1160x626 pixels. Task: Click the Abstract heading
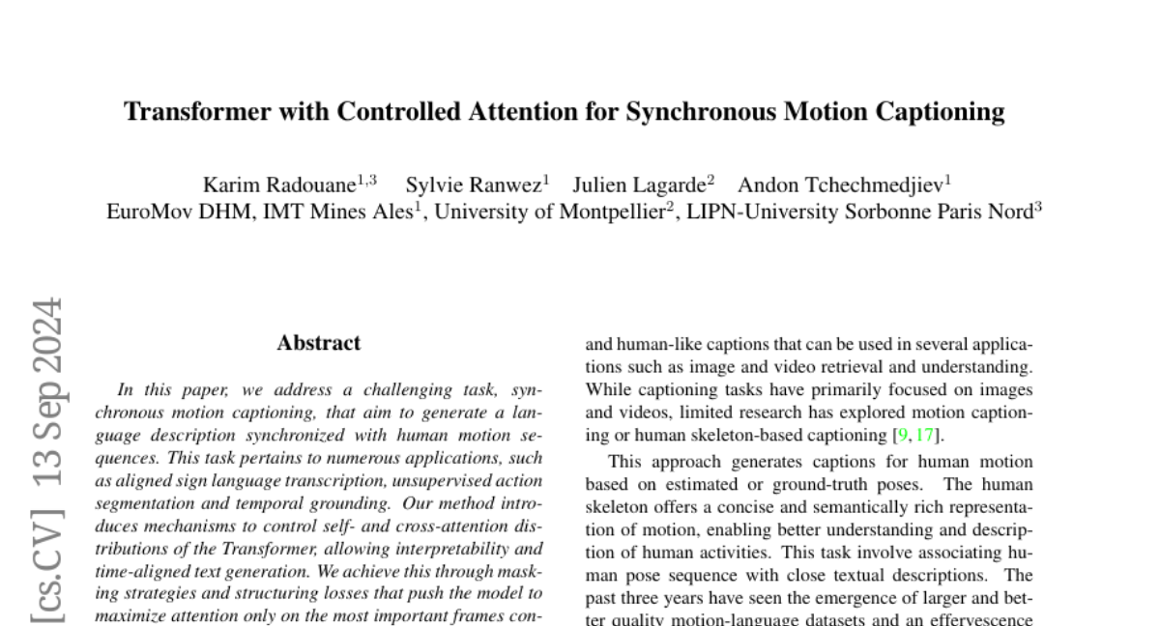tap(318, 343)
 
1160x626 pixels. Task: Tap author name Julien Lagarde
tap(640, 185)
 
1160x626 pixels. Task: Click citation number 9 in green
tap(903, 436)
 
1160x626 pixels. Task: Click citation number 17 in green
tap(925, 436)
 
